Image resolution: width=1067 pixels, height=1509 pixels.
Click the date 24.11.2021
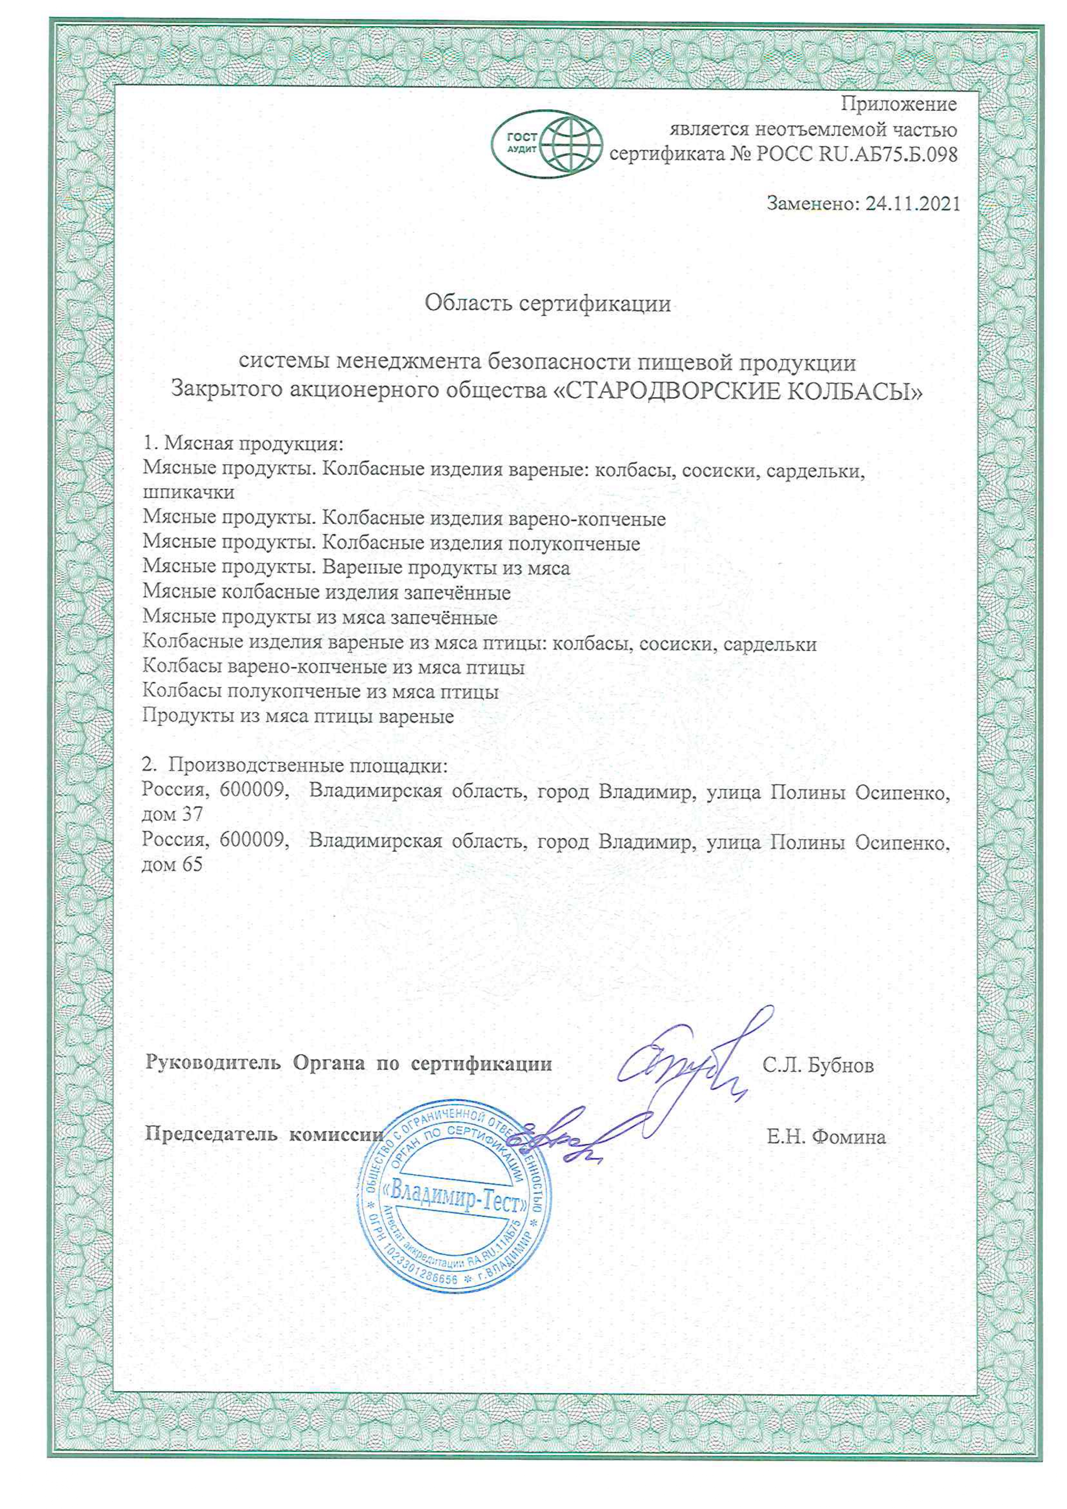(913, 204)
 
